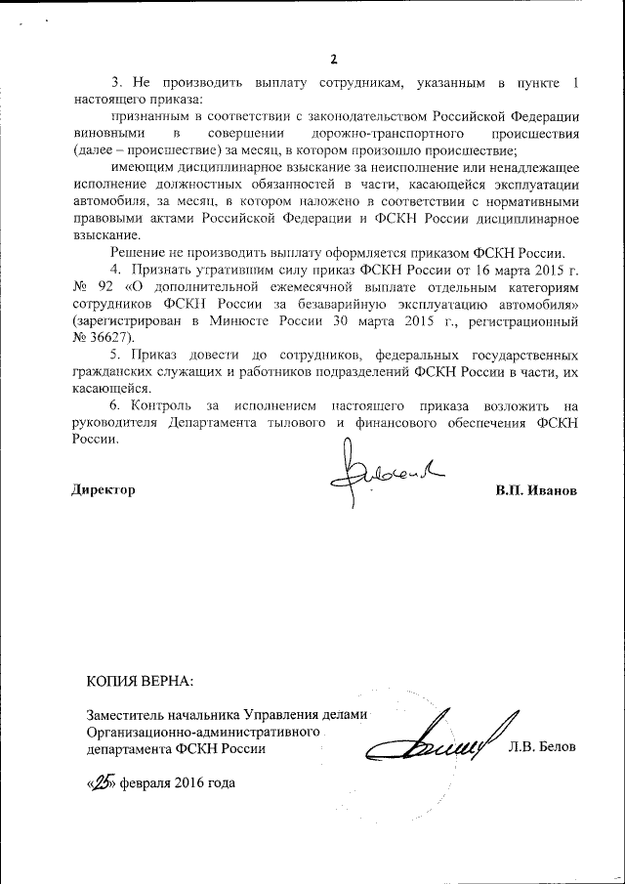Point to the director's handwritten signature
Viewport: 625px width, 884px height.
point(386,474)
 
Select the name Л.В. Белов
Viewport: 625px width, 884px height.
point(542,747)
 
